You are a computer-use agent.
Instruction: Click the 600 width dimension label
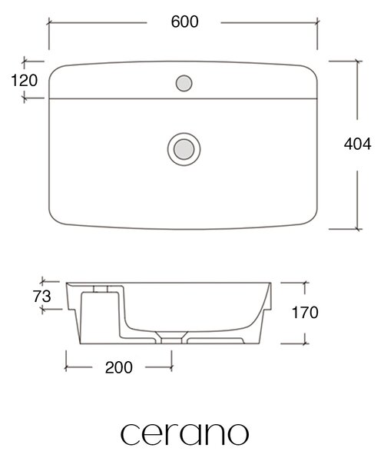coord(184,22)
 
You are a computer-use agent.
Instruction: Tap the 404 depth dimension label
coord(358,144)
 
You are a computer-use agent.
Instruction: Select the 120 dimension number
coord(25,80)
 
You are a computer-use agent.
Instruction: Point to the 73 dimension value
coord(42,297)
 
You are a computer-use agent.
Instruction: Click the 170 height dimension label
coord(305,312)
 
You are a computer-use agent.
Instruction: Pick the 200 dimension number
coord(119,367)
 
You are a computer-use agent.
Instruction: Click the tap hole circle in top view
coord(184,83)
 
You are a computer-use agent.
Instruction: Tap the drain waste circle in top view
coord(184,149)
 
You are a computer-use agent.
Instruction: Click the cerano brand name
coord(184,434)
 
